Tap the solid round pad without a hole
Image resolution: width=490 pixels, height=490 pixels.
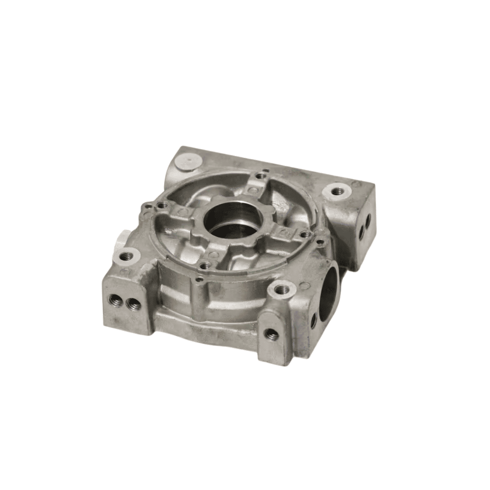(187, 161)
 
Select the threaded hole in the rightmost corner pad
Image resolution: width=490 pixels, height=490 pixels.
(338, 191)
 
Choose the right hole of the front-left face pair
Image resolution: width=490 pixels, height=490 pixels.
(132, 304)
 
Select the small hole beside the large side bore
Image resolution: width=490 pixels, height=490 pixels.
(314, 321)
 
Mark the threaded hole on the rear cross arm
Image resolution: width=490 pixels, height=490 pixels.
(260, 176)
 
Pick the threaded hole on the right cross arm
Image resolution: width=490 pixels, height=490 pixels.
(306, 234)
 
